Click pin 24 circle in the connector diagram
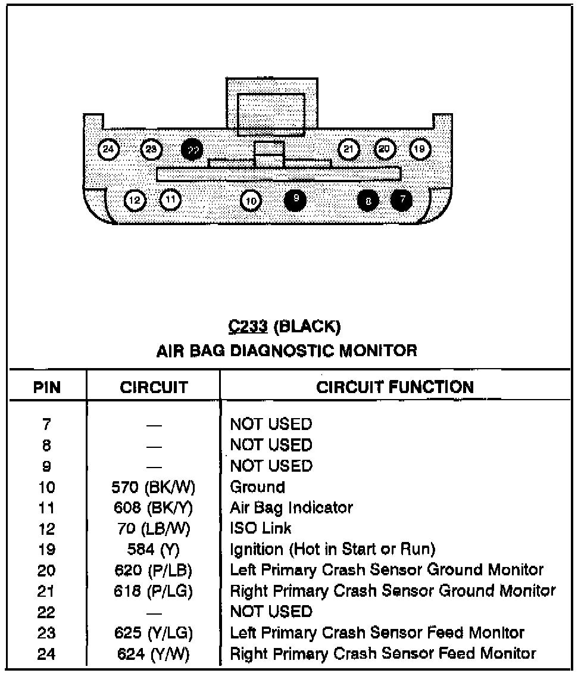108,149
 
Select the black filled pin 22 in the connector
192,149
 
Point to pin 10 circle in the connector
251,201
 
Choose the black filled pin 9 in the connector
295,200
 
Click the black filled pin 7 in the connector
402,200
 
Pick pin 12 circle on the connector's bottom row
135,200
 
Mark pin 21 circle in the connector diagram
349,148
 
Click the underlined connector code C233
247,326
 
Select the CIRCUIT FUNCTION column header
395,387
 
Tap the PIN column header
47,388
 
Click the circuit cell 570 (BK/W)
154,487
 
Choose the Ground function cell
257,487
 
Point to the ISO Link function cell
261,528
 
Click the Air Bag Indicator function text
291,508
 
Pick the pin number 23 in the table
46,633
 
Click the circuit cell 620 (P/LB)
153,570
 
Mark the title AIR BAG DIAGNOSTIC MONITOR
286,350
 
